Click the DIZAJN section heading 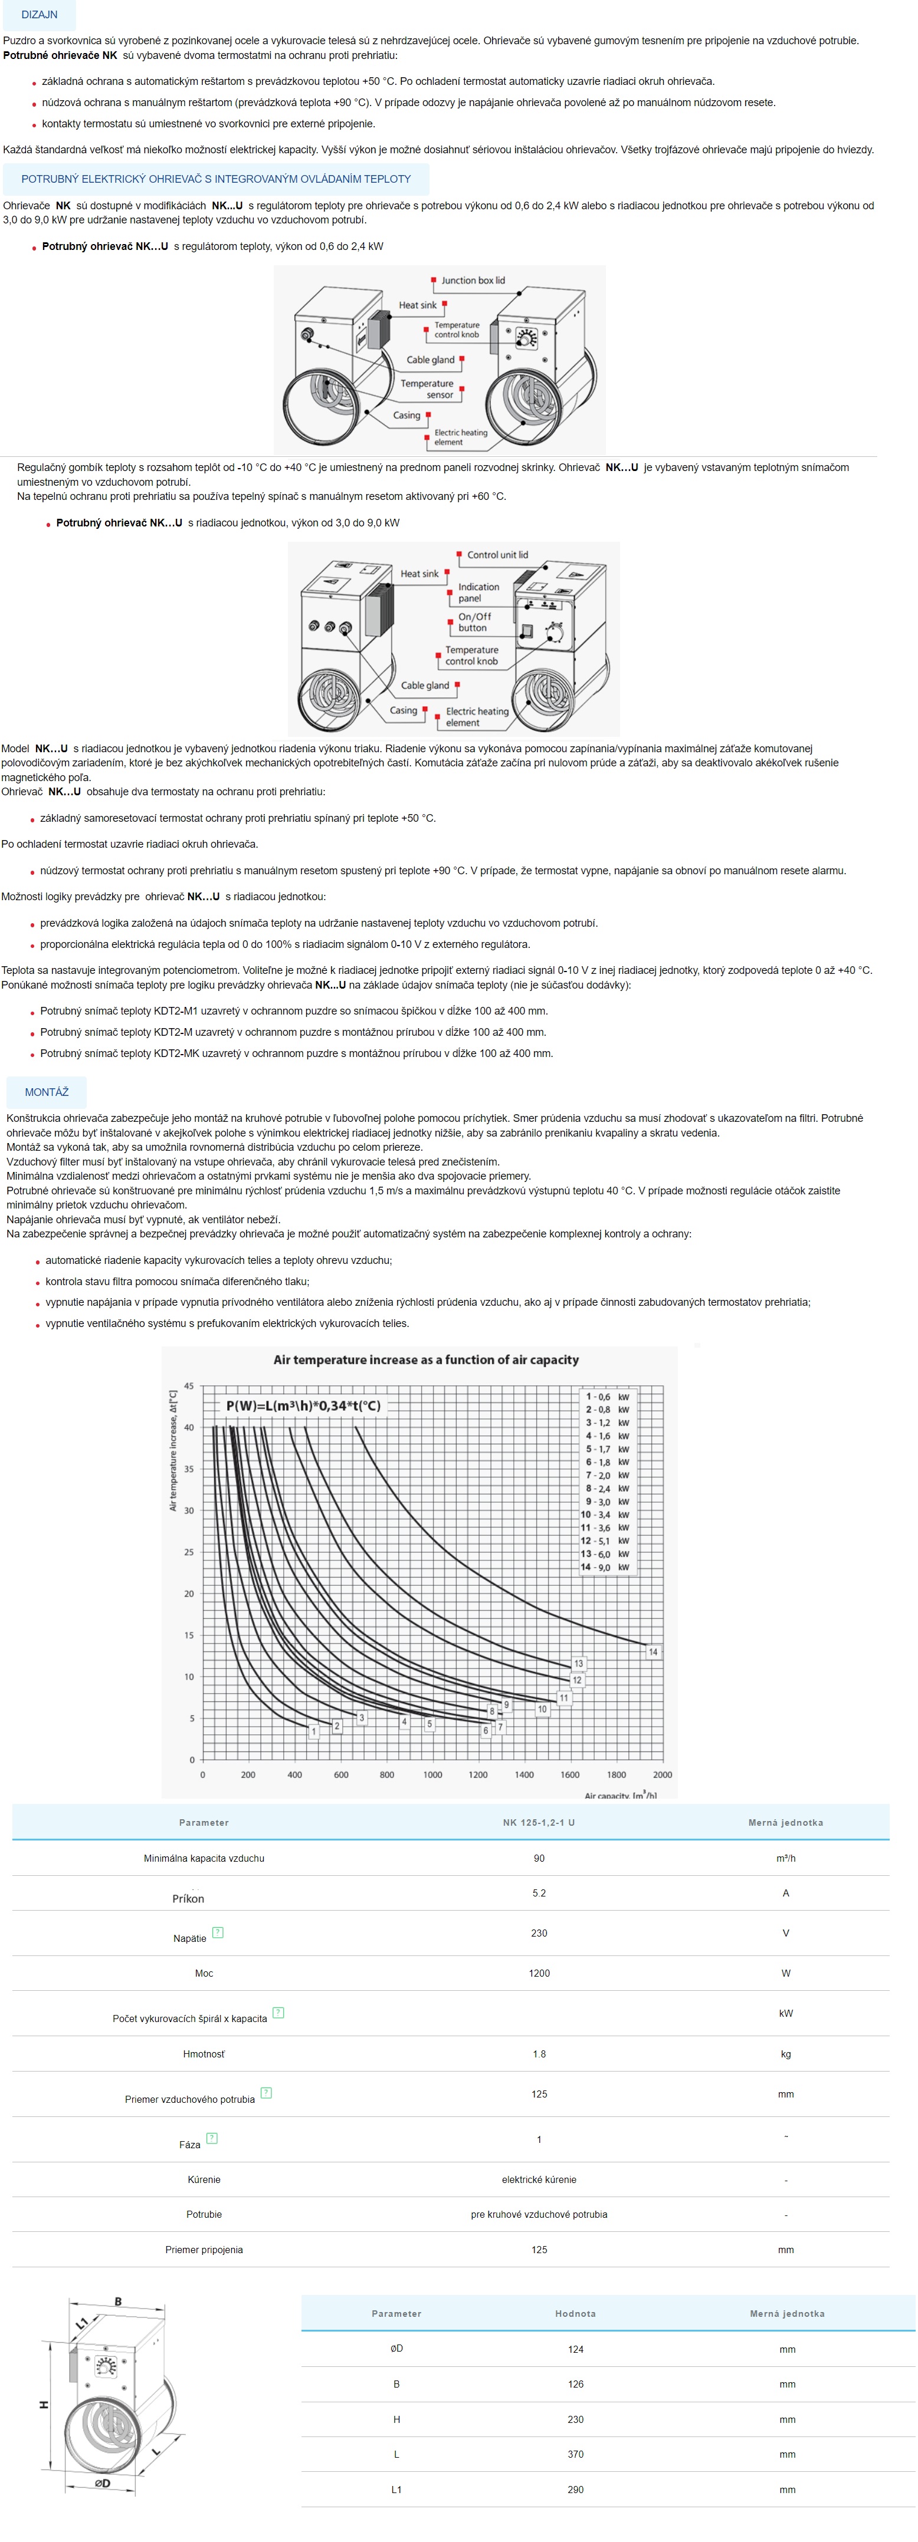[x=40, y=15]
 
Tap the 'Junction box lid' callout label [x=473, y=280]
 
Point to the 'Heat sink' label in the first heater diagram [x=418, y=305]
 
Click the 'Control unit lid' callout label [x=497, y=555]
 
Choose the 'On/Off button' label [x=474, y=622]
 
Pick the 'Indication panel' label [x=478, y=592]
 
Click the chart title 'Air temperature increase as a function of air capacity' [x=425, y=1360]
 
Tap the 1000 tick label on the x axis [x=432, y=1774]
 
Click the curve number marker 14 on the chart [x=653, y=1652]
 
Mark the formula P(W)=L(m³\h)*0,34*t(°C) [x=303, y=1406]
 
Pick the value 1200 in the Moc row [x=539, y=1974]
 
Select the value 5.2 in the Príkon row [x=539, y=1894]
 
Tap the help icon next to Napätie [x=218, y=1932]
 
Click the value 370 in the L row [x=575, y=2454]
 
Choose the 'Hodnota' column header [x=575, y=2314]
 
